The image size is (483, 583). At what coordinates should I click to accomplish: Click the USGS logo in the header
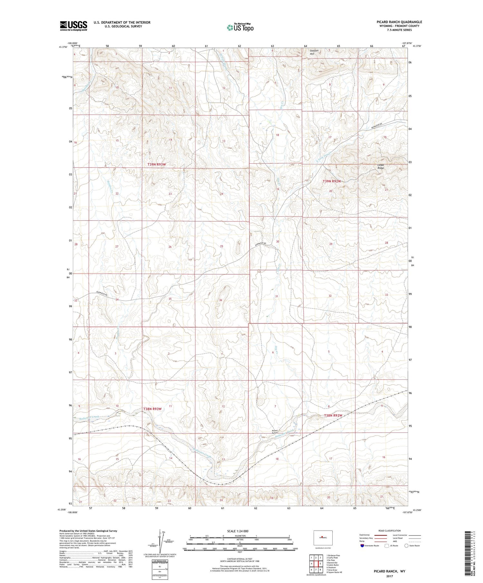pos(73,26)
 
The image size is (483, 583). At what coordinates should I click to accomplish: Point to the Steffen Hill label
pos(314,52)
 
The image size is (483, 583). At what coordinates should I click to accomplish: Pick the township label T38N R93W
pos(152,409)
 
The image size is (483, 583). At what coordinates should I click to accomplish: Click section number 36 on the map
pos(221,300)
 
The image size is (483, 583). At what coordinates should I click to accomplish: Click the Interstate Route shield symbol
pos(362,546)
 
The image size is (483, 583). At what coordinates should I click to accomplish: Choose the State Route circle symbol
pos(406,546)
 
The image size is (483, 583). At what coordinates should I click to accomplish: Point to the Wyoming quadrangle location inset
pos(323,537)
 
